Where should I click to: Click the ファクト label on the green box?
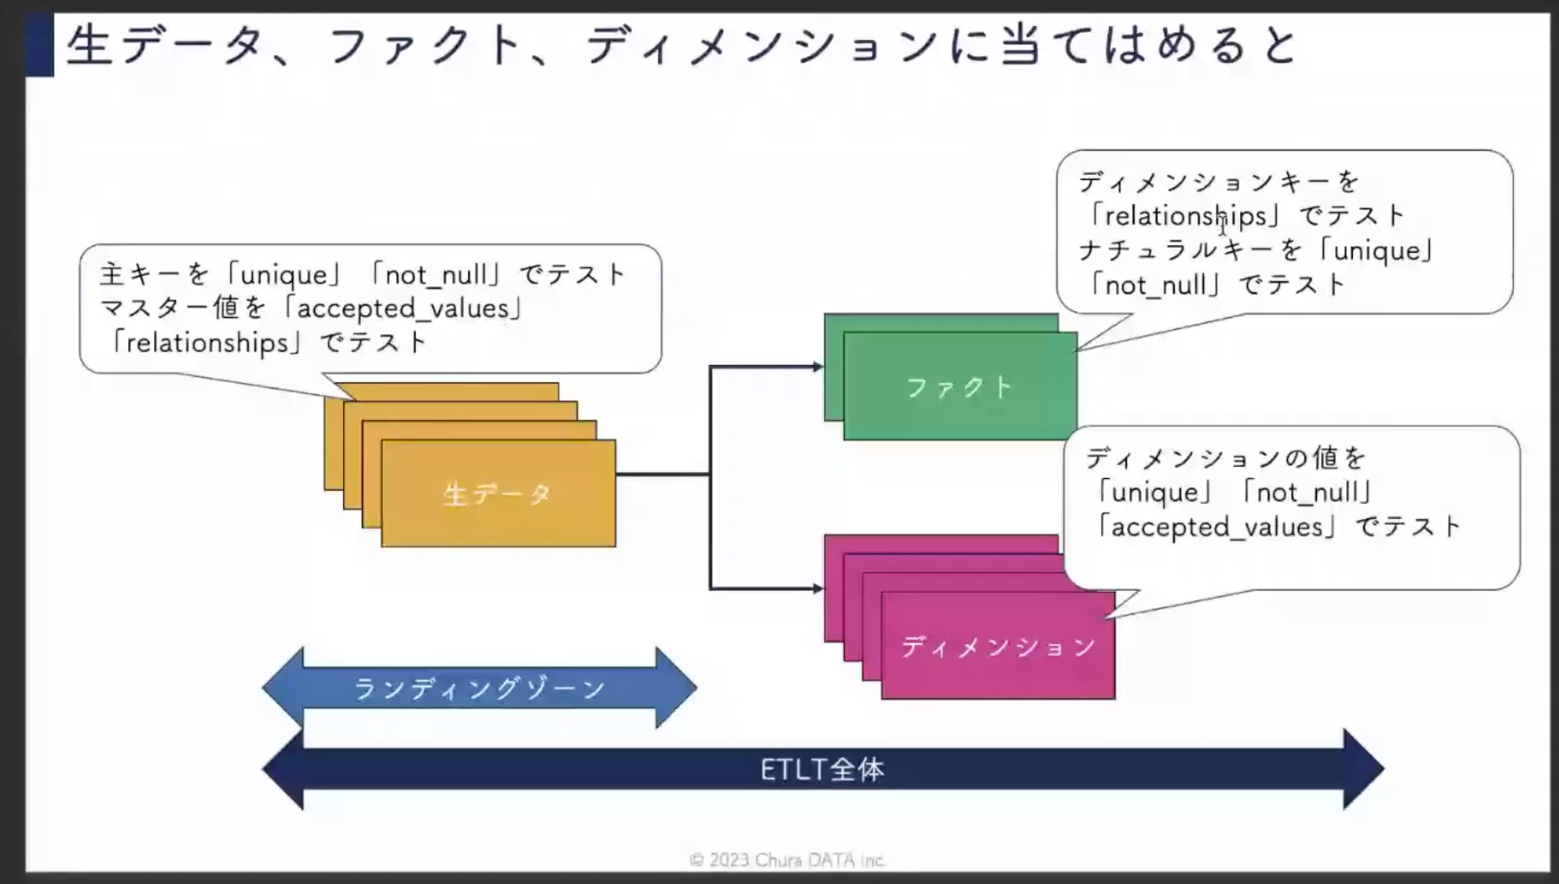(x=960, y=387)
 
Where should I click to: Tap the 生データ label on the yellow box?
(x=497, y=494)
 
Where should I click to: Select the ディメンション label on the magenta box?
(x=998, y=646)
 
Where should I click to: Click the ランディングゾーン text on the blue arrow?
(x=480, y=688)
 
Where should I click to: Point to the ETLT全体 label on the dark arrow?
(x=822, y=769)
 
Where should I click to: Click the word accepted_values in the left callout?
(x=403, y=308)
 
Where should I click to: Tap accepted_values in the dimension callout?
(x=1218, y=527)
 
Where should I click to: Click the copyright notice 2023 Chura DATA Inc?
(x=787, y=860)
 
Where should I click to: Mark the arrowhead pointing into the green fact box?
(x=818, y=367)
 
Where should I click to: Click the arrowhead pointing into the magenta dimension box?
(x=818, y=588)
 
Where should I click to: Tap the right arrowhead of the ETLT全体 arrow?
(x=1364, y=769)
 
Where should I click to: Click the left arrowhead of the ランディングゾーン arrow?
(x=283, y=688)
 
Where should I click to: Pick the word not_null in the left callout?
(x=435, y=275)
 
